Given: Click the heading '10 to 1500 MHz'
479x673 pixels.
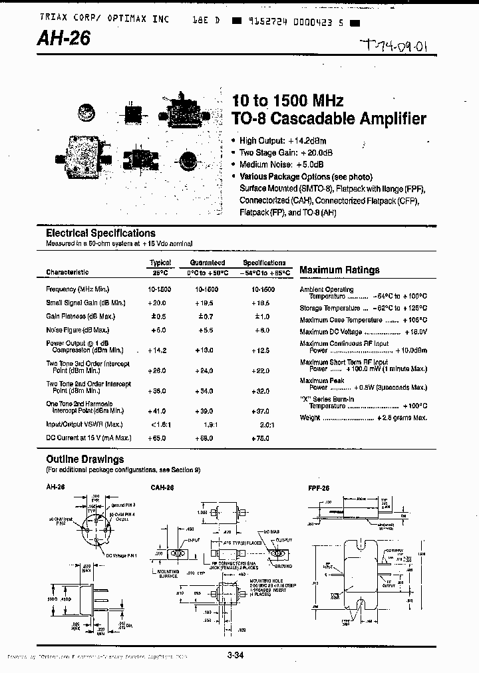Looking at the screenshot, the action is [x=287, y=101].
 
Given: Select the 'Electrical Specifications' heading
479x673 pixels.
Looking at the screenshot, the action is [x=100, y=233].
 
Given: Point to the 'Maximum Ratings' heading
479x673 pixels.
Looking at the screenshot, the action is [x=339, y=270].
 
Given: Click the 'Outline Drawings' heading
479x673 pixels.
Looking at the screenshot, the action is [x=84, y=460].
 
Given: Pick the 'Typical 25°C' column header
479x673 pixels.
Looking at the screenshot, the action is [x=160, y=267].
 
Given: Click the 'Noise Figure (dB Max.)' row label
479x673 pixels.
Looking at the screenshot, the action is [x=78, y=330].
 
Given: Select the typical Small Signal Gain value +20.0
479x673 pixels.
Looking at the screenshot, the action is [x=158, y=302].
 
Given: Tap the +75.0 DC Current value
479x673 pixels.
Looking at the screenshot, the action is [x=263, y=438].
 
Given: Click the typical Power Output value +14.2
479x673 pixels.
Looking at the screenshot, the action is [x=158, y=350].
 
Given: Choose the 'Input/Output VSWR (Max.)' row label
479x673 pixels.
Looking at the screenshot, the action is [x=84, y=424].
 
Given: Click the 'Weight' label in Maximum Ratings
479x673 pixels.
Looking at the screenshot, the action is [x=310, y=418].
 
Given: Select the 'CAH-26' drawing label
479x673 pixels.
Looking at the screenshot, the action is [x=163, y=487].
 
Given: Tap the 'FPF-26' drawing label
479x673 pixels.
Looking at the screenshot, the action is [x=316, y=487].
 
